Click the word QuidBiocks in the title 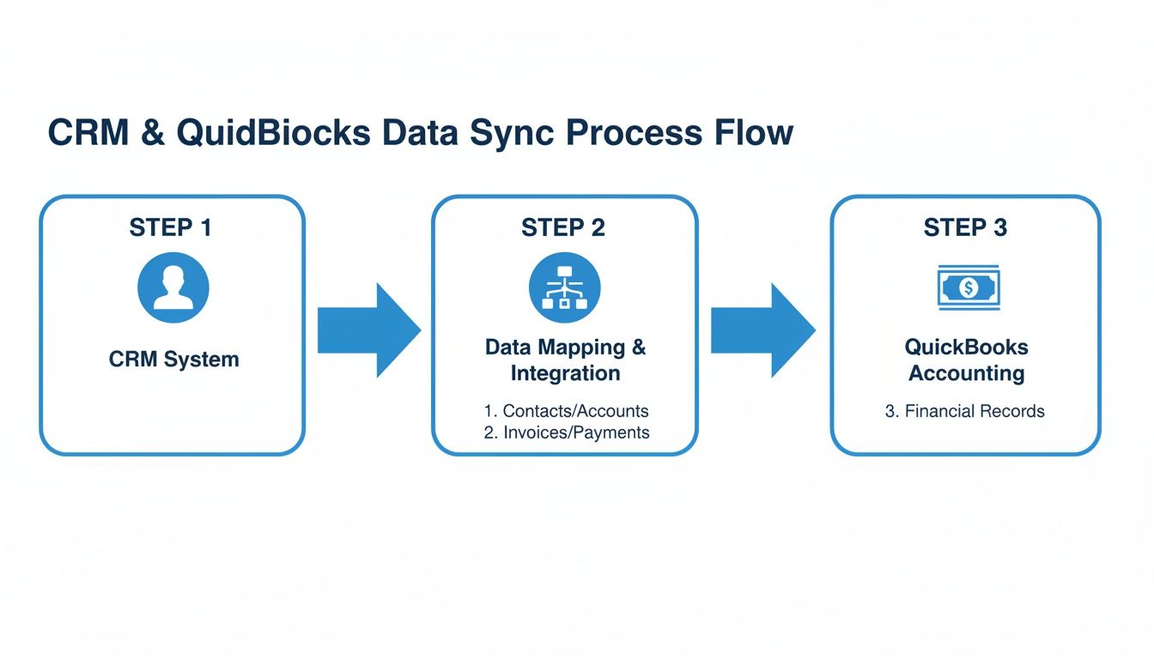pos(274,134)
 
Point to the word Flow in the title pos(747,134)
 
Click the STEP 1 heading pos(170,227)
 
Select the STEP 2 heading pos(563,227)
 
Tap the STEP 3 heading pos(965,227)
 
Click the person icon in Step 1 pos(173,287)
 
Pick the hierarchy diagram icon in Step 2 pos(564,287)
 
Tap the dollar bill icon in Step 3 pos(968,287)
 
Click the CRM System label pos(173,359)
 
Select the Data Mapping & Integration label pos(565,360)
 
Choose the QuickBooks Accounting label pos(966,360)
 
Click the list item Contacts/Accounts pos(567,411)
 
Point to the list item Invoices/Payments pos(567,432)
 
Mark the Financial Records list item pos(965,411)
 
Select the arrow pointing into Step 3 pos(762,329)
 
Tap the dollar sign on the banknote pos(968,288)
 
